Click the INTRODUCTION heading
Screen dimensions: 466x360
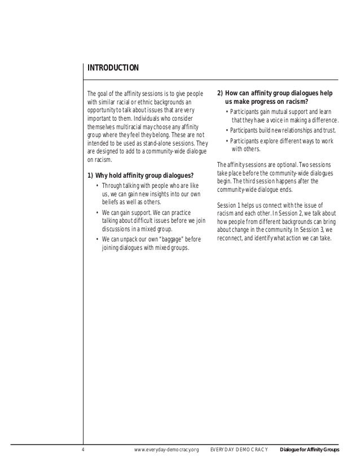(x=113, y=69)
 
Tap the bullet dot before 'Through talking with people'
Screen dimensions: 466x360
(x=98, y=186)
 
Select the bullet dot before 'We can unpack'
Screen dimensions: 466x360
(x=98, y=239)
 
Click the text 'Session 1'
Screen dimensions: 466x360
(x=229, y=205)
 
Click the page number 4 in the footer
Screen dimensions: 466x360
(x=83, y=450)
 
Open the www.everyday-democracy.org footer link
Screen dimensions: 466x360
(x=167, y=450)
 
